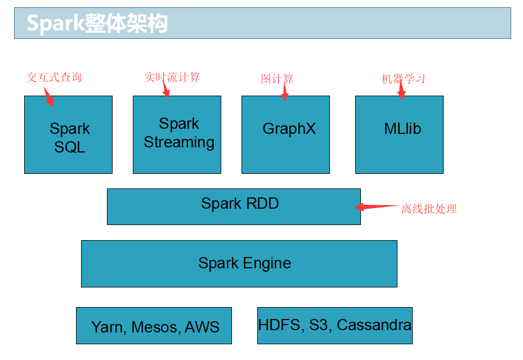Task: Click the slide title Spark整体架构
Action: pyautogui.click(x=97, y=23)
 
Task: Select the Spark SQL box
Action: pyautogui.click(x=68, y=134)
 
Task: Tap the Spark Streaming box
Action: pyautogui.click(x=177, y=134)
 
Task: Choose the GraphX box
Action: pyautogui.click(x=285, y=134)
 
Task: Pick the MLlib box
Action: pyautogui.click(x=399, y=134)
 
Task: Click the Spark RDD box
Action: pyautogui.click(x=234, y=206)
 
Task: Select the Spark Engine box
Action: pyautogui.click(x=239, y=264)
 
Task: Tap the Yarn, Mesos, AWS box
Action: pyautogui.click(x=154, y=326)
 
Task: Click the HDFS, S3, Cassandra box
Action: pyautogui.click(x=335, y=326)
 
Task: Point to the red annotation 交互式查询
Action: pyautogui.click(x=54, y=77)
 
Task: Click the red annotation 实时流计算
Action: pyautogui.click(x=172, y=77)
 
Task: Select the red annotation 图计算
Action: pyautogui.click(x=277, y=79)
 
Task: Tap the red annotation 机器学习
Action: pyautogui.click(x=403, y=79)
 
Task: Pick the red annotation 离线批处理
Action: pyautogui.click(x=429, y=209)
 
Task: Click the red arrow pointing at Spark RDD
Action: pyautogui.click(x=377, y=207)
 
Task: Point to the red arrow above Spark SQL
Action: pyautogui.click(x=49, y=97)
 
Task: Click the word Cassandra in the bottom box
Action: pyautogui.click(x=374, y=325)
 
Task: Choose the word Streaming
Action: pyautogui.click(x=179, y=142)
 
